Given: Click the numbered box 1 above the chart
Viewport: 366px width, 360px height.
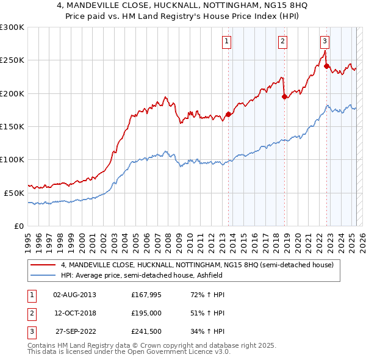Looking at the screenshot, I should click(226, 41).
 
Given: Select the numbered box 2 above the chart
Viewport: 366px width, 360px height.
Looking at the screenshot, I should click(283, 41).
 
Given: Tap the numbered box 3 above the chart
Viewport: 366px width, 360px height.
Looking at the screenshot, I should click(325, 41).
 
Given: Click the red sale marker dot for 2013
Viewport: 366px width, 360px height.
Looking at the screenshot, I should click(228, 114).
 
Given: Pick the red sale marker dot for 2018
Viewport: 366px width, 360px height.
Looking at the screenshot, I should click(284, 96).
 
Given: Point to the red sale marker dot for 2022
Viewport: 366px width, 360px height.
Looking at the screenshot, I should click(327, 66).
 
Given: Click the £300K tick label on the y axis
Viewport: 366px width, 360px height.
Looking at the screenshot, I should click(12, 27).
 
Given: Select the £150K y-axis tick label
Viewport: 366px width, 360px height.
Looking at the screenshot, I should click(12, 126).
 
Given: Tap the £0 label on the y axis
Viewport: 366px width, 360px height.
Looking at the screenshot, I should click(18, 225).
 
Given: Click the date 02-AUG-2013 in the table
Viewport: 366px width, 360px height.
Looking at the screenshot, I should click(74, 295).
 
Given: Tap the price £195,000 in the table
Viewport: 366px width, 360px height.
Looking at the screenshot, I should click(146, 313).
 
